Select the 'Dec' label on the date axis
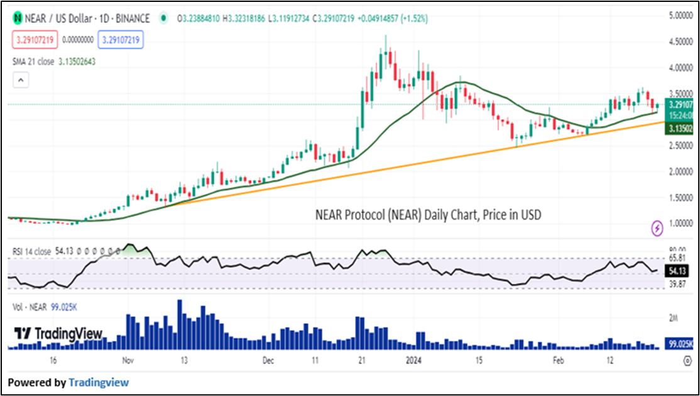(268, 361)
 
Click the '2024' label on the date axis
(413, 361)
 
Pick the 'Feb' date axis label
(558, 361)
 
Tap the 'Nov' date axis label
(128, 361)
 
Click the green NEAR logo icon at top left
(18, 19)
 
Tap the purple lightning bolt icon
(657, 228)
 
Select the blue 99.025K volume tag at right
(681, 344)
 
